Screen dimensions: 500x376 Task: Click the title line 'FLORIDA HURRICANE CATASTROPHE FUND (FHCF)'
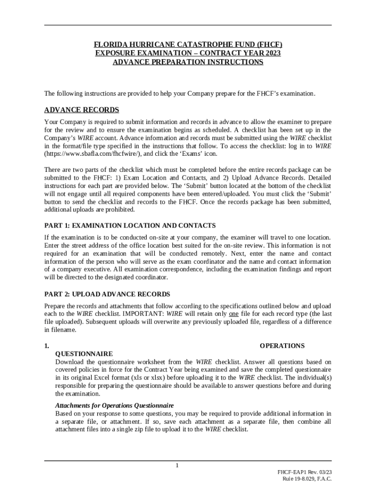click(x=188, y=44)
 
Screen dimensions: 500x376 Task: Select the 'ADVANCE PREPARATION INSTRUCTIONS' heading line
click(x=188, y=62)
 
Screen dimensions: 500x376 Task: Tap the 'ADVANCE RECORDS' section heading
click(x=82, y=110)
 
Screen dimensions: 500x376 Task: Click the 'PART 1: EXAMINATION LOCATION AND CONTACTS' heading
click(x=130, y=226)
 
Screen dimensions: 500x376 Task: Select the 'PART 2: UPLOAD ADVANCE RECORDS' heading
click(x=107, y=294)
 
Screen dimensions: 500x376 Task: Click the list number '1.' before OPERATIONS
click(x=46, y=346)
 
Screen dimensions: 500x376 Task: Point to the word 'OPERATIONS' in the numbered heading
click(x=282, y=346)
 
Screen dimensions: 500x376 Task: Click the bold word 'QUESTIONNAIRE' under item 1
click(x=84, y=354)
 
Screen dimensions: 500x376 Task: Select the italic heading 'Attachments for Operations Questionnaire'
click(x=115, y=405)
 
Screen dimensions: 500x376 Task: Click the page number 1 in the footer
click(x=178, y=465)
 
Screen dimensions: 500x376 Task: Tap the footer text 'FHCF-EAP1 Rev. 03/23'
click(x=304, y=472)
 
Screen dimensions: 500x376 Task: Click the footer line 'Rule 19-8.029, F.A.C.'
click(x=307, y=479)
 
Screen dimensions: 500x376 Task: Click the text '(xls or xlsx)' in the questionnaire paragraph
click(x=146, y=377)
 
